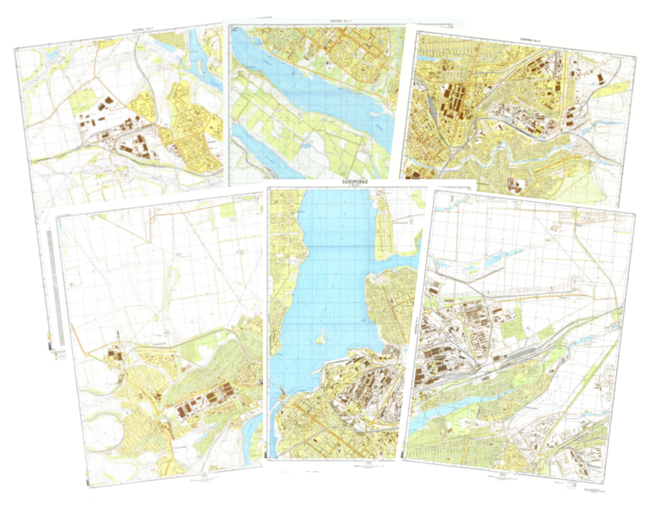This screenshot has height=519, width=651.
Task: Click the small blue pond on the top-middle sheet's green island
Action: click(x=306, y=145)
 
